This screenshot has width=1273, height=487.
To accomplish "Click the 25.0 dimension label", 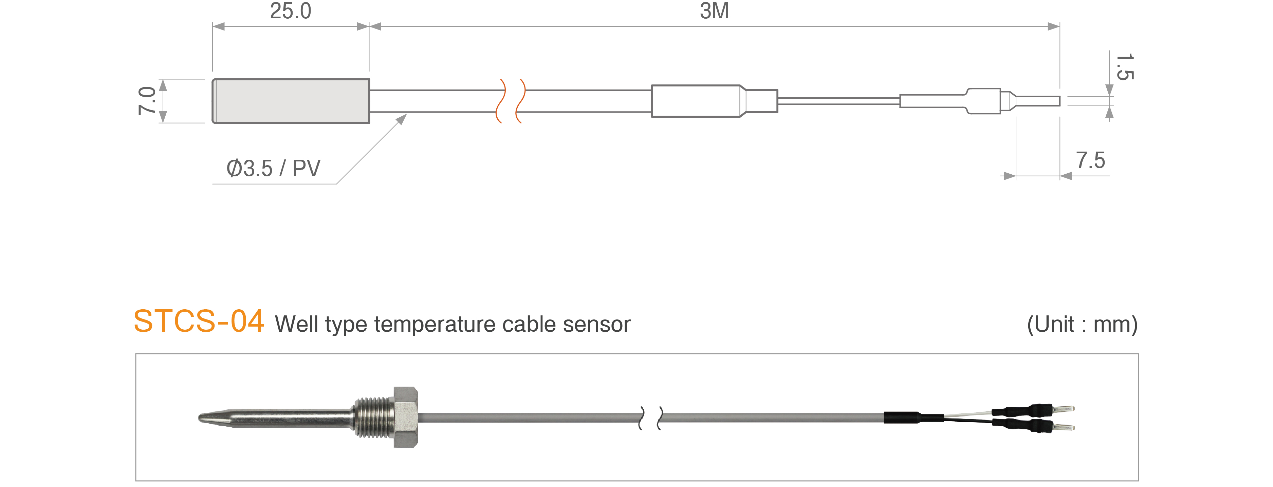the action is click(x=291, y=11).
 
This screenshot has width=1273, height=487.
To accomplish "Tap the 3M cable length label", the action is click(x=714, y=11).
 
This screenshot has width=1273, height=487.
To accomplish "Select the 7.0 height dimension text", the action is click(x=147, y=101).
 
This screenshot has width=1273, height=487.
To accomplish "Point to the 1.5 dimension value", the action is click(x=1125, y=67).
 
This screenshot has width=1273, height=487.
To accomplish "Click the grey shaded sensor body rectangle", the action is click(x=291, y=101).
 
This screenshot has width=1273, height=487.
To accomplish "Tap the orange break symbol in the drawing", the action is click(x=511, y=101).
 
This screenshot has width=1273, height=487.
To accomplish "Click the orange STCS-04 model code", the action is click(x=199, y=322).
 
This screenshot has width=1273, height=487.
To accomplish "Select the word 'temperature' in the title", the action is click(x=435, y=325).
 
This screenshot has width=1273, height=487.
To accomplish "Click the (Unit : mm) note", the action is click(x=1082, y=325).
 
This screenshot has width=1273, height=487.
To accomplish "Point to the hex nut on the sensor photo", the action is click(x=406, y=417).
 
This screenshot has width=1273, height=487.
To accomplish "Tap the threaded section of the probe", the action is click(x=374, y=417).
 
